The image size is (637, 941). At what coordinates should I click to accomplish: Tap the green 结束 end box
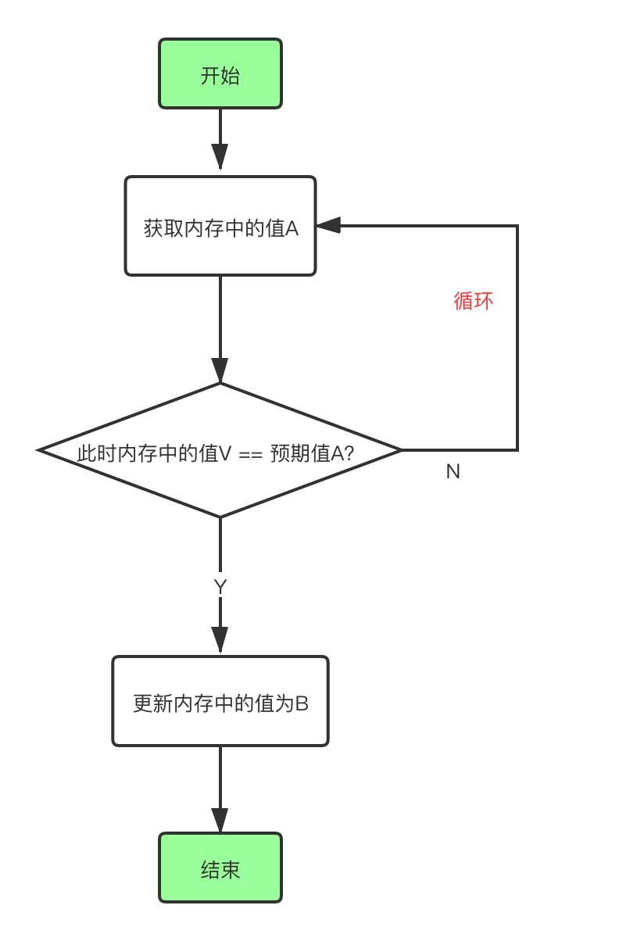tap(220, 868)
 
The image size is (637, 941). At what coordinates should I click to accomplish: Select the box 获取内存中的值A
tap(220, 227)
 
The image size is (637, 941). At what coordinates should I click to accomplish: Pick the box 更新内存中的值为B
tap(220, 702)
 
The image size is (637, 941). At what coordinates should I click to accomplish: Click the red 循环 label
tap(474, 301)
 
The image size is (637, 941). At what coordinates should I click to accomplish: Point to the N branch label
tap(453, 471)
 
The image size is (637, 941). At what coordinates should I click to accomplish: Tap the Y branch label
tap(220, 587)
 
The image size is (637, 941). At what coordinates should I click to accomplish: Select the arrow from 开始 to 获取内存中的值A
tap(220, 139)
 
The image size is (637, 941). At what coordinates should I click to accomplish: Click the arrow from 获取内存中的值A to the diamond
tap(220, 328)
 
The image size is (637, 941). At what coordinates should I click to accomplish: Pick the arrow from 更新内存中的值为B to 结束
tap(220, 789)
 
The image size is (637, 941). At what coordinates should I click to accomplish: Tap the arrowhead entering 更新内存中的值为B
tap(220, 639)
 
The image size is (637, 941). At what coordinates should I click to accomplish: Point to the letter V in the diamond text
tap(224, 453)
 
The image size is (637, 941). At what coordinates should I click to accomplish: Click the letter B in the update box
tap(302, 703)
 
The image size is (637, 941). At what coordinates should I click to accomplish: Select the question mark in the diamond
tap(349, 453)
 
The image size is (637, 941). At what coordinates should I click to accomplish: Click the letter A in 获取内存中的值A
tap(292, 229)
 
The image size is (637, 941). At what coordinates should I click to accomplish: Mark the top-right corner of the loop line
tap(517, 226)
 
